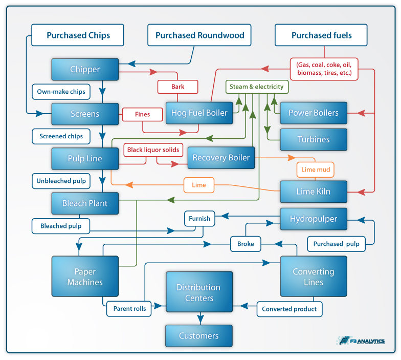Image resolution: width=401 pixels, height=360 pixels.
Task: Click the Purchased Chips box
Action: point(78,36)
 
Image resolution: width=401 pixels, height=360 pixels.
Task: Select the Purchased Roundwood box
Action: point(199,36)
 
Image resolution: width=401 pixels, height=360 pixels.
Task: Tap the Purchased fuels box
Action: point(321,36)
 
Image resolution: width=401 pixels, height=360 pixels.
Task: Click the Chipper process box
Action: point(85,69)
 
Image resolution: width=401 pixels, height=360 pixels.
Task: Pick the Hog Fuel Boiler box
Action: point(199,113)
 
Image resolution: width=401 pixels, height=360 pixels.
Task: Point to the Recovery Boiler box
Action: point(221,158)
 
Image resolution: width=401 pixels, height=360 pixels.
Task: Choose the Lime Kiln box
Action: point(313,192)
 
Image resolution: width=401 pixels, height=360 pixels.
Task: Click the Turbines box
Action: point(313,139)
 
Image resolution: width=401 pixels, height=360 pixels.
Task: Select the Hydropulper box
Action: point(313,219)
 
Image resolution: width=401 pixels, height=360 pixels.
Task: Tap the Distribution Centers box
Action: point(198,292)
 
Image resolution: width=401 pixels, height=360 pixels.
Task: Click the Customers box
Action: point(198,336)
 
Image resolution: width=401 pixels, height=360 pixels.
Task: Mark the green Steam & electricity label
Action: point(257,87)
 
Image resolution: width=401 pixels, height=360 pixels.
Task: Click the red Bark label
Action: point(177,87)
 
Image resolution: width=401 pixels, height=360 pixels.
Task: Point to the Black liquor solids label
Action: point(153,150)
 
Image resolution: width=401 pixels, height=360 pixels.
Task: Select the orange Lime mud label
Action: point(315,169)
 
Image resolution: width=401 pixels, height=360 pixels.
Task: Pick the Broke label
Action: point(246,244)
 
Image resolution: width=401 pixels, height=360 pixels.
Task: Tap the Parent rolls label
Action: point(129,309)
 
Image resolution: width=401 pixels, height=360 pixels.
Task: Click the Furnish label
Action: point(199,218)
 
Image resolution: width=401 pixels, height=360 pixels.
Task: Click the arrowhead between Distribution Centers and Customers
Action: point(200,320)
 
